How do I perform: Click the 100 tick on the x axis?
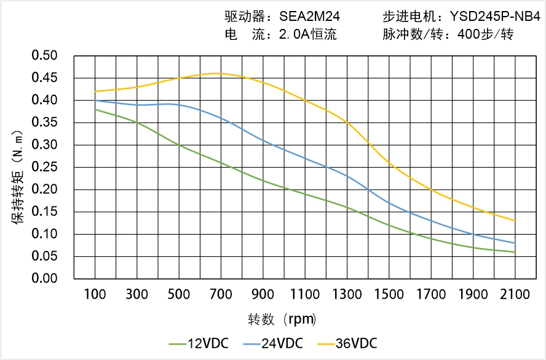point(95,295)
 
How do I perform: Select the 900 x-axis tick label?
point(263,295)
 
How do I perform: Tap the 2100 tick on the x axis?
point(515,295)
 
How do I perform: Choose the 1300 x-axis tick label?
point(347,295)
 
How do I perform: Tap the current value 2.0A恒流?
point(307,34)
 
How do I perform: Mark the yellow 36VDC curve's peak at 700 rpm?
point(221,73)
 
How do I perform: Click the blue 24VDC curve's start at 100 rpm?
point(95,100)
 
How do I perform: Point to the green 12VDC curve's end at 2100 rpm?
point(515,252)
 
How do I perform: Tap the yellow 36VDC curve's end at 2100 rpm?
point(515,221)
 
